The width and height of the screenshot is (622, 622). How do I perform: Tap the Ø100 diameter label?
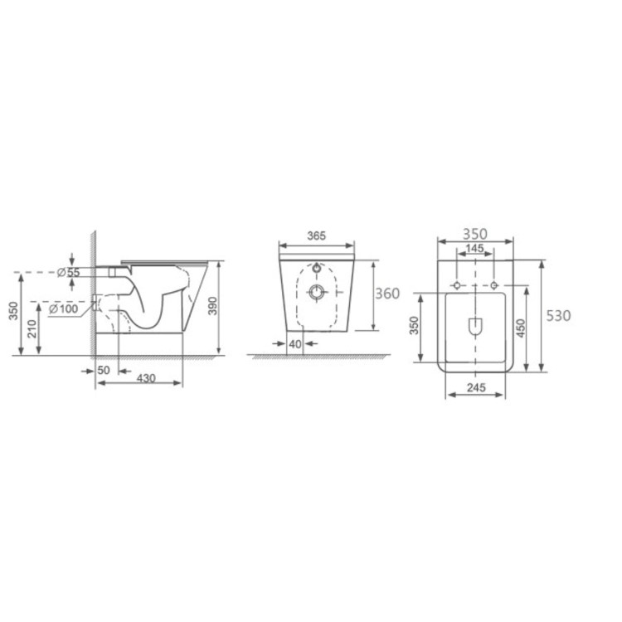point(65,309)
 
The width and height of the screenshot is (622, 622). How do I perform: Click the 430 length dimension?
point(146,377)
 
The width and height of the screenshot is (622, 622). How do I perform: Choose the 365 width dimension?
point(316,236)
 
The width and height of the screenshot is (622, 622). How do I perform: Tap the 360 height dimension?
point(388,294)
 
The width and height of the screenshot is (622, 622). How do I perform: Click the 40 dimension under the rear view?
point(294,343)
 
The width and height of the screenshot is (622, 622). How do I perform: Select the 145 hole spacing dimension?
point(474,249)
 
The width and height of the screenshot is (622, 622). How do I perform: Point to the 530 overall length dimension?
point(558,315)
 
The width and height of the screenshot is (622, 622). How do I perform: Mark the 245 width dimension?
point(475,386)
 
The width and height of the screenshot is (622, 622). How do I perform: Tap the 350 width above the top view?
point(475,234)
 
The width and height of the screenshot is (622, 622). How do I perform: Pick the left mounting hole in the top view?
point(455,285)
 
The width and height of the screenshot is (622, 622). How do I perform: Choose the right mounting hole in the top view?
point(494,285)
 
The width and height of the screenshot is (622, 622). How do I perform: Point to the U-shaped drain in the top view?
point(475,327)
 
